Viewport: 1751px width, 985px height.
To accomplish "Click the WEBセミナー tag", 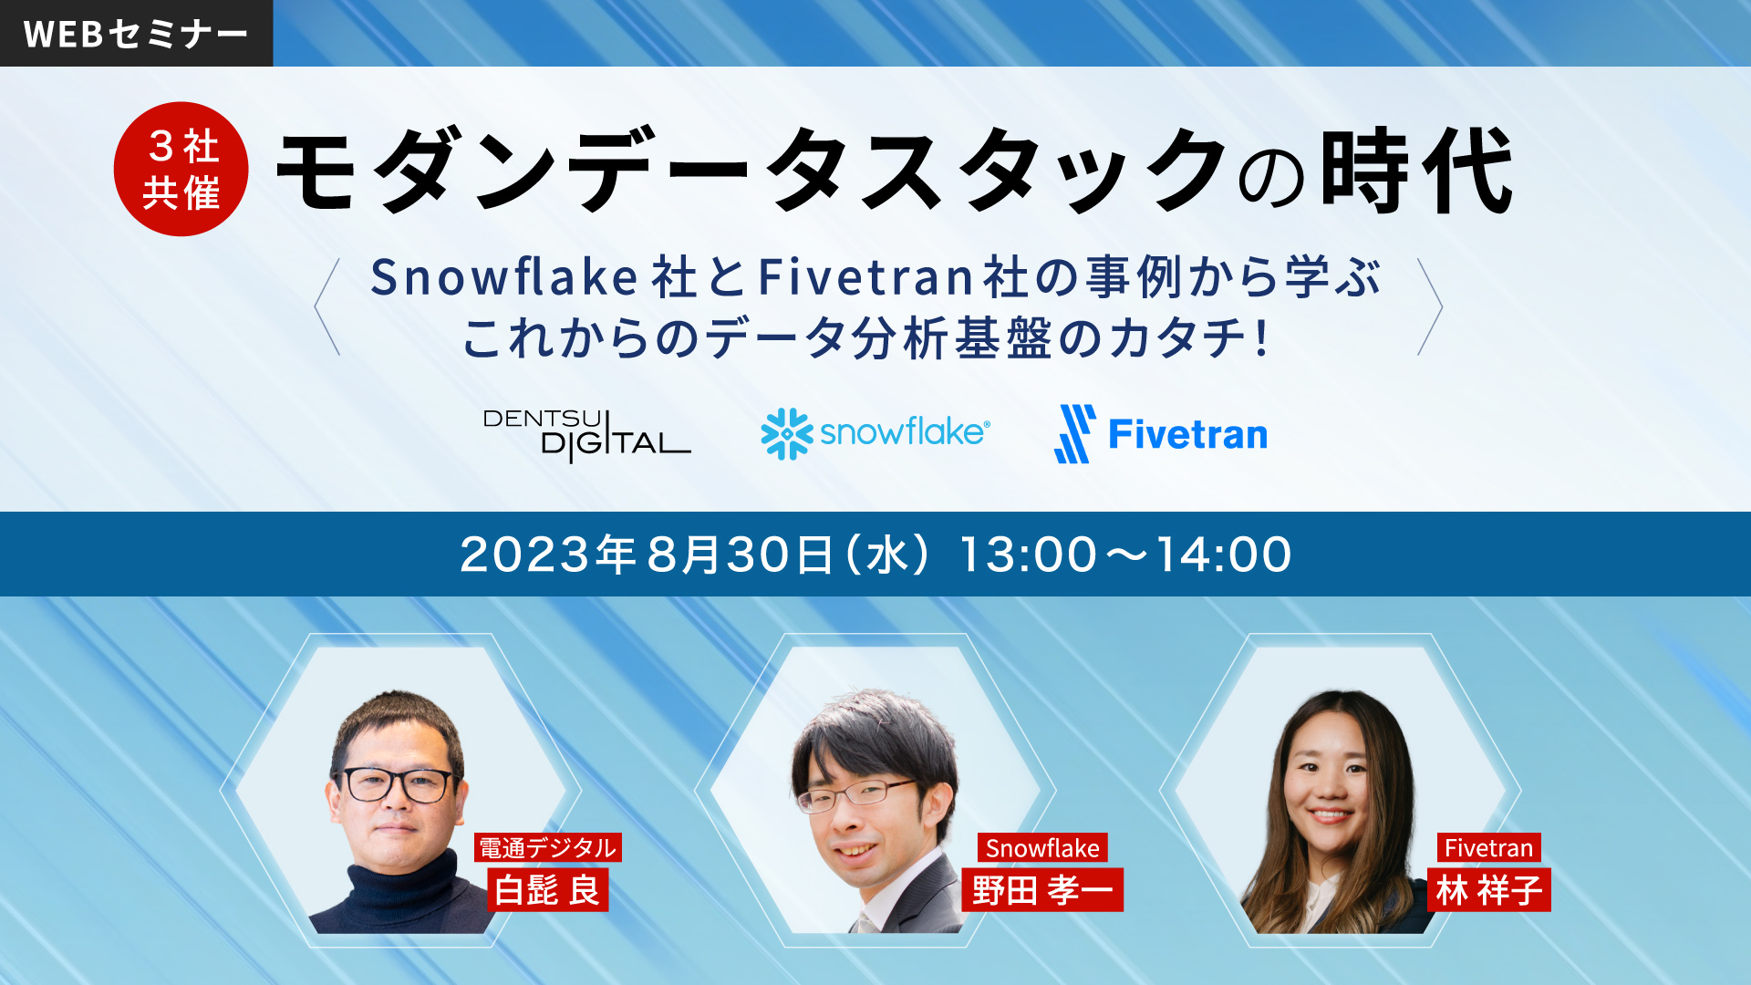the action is coord(136,33).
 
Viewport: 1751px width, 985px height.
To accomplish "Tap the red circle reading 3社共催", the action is coord(181,169).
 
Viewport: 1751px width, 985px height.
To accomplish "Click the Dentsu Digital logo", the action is coord(586,435).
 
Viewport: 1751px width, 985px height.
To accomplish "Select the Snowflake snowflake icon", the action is coord(786,433).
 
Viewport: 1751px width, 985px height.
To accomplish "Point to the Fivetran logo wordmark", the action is coord(1187,434).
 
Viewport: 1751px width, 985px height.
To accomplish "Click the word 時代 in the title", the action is coord(1418,171).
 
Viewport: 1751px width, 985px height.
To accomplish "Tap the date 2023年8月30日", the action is coord(647,554).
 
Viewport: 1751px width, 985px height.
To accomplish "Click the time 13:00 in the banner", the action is coord(1028,554).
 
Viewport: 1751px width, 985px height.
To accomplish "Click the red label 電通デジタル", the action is coord(547,848).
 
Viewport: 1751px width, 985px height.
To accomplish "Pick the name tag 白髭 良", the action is coord(547,890).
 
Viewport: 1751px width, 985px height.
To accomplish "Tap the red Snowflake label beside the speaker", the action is coord(1042,848).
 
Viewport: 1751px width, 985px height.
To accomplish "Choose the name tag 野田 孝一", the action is coord(1042,890).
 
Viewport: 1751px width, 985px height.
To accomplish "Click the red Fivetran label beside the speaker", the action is coord(1488,848).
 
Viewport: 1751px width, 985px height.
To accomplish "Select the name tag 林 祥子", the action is coord(1488,890).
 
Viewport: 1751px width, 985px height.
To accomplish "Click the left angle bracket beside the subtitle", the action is coord(326,307).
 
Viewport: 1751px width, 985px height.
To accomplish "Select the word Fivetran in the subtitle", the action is coord(867,277).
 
